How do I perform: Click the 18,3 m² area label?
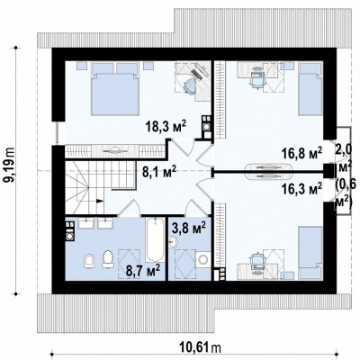click(x=166, y=126)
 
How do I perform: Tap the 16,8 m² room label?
click(x=301, y=153)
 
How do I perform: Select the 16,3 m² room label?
click(x=301, y=189)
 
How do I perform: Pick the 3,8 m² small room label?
click(x=189, y=228)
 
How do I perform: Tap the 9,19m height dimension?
click(x=10, y=165)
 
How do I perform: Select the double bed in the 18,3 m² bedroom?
click(x=115, y=89)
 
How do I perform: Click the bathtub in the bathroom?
click(x=156, y=240)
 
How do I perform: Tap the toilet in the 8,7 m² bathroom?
click(x=108, y=259)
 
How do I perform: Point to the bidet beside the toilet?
click(x=89, y=261)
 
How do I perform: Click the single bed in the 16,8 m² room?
click(x=310, y=89)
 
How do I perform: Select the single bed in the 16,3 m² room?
click(x=310, y=253)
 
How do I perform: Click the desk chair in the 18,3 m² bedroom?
click(x=189, y=85)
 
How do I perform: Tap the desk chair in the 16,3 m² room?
click(x=257, y=259)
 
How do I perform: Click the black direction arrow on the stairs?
click(x=100, y=202)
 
